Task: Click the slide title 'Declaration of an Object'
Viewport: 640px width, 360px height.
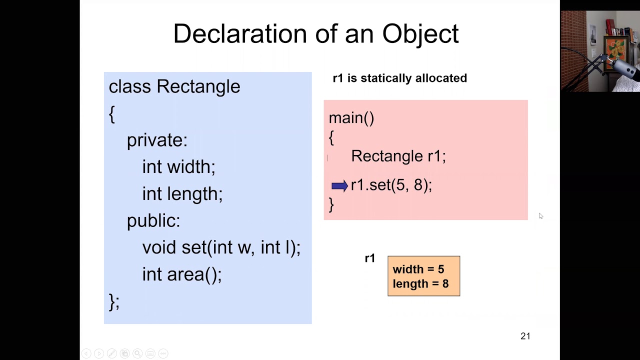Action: point(315,34)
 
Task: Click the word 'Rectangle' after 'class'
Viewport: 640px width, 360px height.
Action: point(198,86)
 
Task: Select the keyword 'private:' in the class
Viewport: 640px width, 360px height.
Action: point(157,140)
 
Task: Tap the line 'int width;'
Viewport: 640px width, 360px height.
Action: point(178,167)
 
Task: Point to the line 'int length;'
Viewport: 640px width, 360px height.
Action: point(182,194)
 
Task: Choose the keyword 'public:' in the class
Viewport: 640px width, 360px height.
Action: point(153,220)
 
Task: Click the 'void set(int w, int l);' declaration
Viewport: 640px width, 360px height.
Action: point(221,247)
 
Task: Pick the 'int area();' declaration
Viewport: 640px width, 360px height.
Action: point(181,274)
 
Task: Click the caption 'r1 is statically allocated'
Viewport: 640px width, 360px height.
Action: point(399,78)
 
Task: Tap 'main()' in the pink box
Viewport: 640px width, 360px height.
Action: point(351,118)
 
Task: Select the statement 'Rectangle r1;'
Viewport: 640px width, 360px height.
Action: point(398,156)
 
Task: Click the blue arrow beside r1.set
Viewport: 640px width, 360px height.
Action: point(339,186)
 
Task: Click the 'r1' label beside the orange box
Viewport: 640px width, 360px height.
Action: point(370,258)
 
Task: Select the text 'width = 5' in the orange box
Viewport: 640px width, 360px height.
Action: point(418,269)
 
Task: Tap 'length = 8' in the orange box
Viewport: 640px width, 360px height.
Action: point(420,284)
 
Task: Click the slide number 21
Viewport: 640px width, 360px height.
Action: point(525,336)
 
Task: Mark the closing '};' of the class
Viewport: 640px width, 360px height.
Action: point(114,302)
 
